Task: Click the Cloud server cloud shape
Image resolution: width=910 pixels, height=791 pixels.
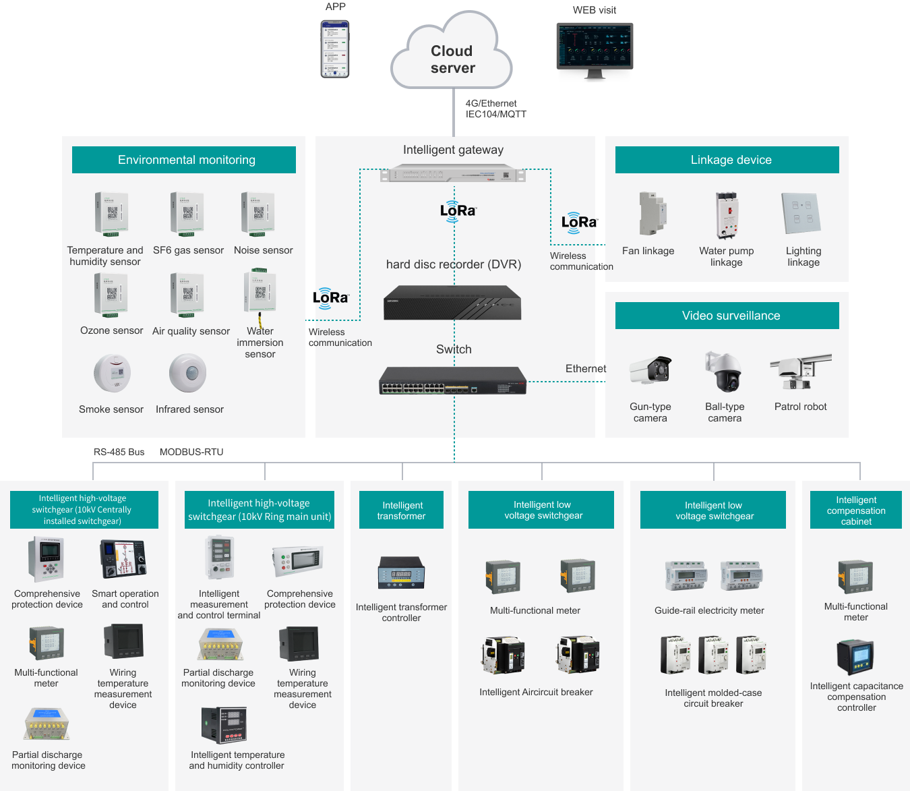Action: point(452,57)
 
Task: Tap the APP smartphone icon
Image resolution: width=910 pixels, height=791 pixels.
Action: point(335,49)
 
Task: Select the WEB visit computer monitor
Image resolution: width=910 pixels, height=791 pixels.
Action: point(595,47)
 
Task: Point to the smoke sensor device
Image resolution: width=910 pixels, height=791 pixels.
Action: point(112,373)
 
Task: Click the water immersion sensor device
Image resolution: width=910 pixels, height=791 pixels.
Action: point(260,294)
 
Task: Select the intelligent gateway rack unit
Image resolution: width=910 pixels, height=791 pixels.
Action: point(453,175)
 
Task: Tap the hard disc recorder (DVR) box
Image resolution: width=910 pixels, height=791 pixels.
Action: point(452,303)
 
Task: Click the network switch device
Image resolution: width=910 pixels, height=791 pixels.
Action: point(452,381)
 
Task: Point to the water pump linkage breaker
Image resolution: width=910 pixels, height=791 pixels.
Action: point(727,216)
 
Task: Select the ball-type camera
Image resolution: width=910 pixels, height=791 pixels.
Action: point(724,372)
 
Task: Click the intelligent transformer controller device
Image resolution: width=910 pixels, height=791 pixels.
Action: point(401,573)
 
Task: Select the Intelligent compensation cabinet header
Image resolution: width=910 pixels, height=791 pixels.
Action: point(856,510)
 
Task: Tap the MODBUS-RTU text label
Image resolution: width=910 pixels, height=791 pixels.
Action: point(191,452)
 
